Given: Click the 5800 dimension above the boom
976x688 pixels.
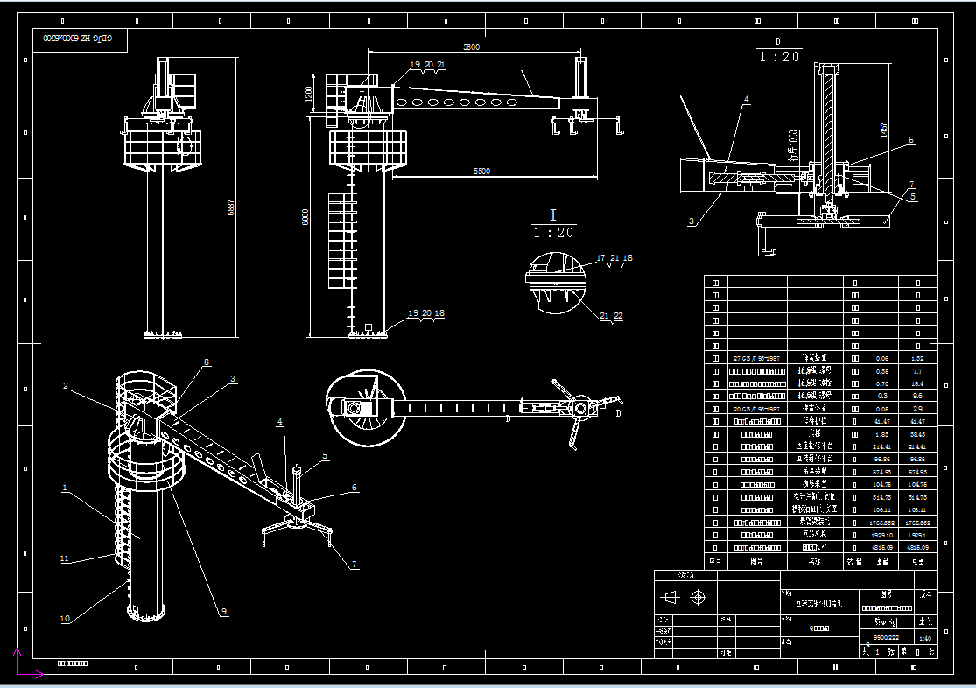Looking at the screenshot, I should coord(471,47).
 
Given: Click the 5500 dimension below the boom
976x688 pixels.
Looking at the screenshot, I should coord(481,172).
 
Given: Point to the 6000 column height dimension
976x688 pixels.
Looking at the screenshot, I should coord(305,216).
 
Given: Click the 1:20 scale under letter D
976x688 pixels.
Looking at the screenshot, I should coord(778,57).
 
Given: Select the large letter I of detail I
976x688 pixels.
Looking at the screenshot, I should coord(552,215).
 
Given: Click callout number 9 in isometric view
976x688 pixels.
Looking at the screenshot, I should coord(223,612).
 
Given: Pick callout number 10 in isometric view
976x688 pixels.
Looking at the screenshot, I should coord(65,619).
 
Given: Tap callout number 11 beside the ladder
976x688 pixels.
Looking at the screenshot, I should coord(64,558).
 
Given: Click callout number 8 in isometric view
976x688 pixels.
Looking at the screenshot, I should coord(207,362).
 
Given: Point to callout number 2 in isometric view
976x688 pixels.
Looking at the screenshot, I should coord(65,385).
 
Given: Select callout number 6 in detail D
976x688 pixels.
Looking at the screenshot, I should coord(910,140).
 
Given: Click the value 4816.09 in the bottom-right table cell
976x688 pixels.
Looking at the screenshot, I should coord(917,546).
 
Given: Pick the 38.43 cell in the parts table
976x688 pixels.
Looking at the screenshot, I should coord(917,433).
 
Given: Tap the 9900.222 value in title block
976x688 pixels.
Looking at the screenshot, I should coord(875,638).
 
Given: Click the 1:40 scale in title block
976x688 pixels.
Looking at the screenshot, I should coord(924,638).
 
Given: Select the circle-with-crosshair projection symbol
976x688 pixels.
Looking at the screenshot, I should coord(698,598).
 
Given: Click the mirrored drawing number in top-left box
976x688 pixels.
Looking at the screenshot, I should coord(80,39).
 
